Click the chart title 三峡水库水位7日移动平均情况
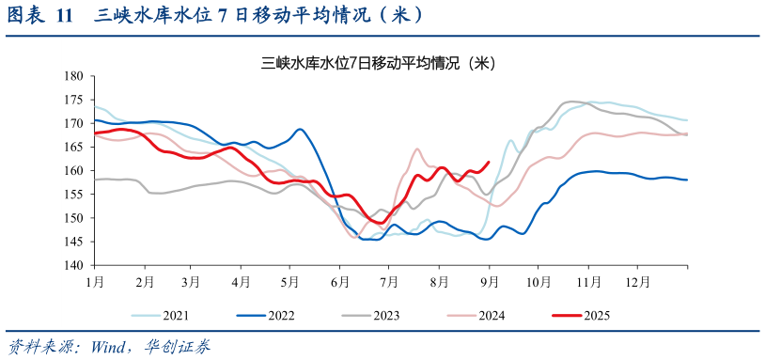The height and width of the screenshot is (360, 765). coord(378,64)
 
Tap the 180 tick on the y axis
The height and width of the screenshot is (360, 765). coord(74,76)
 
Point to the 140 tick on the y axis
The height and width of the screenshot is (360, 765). coord(74,266)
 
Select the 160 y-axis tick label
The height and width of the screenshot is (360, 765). coord(74,171)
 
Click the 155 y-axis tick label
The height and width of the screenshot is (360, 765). coord(74,195)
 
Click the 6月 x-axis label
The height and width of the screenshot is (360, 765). coord(340,281)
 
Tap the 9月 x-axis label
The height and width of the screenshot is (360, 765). coord(488,281)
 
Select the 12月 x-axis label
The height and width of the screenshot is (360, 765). coord(637,281)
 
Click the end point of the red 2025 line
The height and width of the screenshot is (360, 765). coord(488,162)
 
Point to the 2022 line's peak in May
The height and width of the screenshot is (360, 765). coord(300,130)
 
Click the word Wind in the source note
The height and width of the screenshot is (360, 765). coord(110,347)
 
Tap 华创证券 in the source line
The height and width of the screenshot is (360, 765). coord(178,347)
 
